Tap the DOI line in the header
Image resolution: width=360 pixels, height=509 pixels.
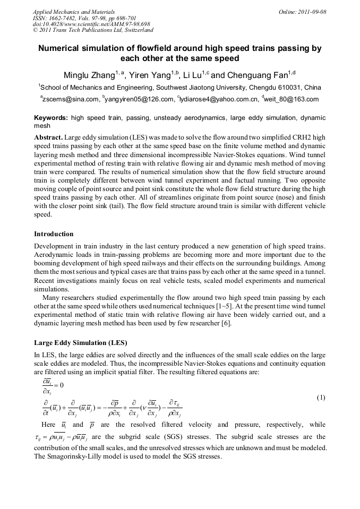(x=91, y=24)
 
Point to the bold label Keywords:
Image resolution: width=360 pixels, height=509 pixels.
(x=51, y=118)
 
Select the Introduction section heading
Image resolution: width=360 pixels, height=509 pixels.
(x=54, y=234)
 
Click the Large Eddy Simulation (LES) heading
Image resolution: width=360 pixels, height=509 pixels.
(x=81, y=342)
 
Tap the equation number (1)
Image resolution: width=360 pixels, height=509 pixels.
(x=321, y=398)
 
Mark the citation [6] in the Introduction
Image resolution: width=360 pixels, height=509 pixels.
(x=226, y=324)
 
